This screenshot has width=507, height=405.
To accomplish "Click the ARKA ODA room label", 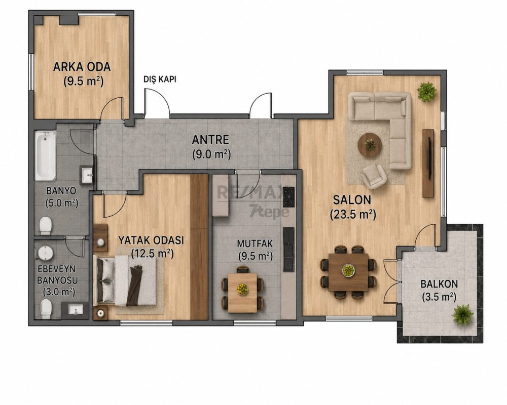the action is click(82, 67).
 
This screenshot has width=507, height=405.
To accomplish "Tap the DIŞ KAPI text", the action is click(160, 79).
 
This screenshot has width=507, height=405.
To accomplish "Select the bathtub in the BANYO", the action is click(45, 155).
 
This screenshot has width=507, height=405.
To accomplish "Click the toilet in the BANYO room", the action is click(45, 225).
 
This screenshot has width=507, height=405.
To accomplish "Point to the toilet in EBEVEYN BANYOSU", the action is click(46, 308).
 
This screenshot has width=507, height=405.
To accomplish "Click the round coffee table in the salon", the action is click(370, 145).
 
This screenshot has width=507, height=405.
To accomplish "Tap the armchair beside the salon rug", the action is click(374, 176).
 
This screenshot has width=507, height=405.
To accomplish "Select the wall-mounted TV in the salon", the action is click(430, 158).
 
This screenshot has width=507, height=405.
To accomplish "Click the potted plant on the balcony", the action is click(463, 314).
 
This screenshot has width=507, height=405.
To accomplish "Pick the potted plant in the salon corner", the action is click(427, 92).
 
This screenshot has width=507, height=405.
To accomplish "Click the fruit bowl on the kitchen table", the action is click(242, 289).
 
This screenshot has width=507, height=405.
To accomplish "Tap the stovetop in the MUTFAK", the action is click(288, 197).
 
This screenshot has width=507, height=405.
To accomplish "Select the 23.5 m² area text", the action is click(353, 214).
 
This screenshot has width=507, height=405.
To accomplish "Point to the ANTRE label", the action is click(210, 140).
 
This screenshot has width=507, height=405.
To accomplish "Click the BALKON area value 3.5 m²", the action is click(439, 297).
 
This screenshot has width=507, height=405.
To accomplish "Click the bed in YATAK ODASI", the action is click(125, 280).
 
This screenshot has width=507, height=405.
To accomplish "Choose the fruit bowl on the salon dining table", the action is click(348, 270).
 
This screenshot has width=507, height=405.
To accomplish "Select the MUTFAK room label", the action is click(255, 243).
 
